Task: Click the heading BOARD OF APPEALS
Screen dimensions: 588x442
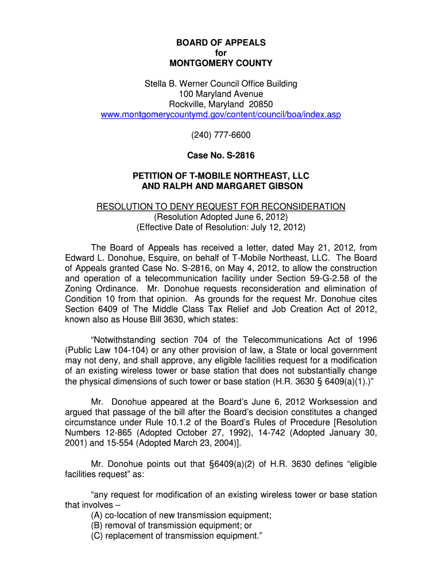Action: (x=220, y=42)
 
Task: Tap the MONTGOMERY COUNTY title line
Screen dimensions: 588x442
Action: (x=220, y=63)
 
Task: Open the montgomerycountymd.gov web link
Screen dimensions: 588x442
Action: (x=220, y=115)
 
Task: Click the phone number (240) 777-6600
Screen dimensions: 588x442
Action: (x=220, y=136)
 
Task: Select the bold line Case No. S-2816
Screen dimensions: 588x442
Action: (x=220, y=156)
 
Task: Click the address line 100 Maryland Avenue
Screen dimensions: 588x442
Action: (x=220, y=94)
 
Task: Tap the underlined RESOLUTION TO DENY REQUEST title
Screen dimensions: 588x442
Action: (x=220, y=207)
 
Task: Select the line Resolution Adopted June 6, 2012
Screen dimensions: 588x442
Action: (x=220, y=217)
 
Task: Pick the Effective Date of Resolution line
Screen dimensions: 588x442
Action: (x=220, y=227)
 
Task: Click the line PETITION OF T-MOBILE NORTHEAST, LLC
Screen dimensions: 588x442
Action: (x=220, y=176)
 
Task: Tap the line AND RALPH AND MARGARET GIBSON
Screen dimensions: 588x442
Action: (x=222, y=187)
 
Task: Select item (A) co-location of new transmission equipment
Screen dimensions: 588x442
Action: (x=181, y=515)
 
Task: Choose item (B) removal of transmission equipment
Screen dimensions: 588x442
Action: (x=172, y=525)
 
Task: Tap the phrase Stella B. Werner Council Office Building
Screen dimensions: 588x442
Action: (x=220, y=84)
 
